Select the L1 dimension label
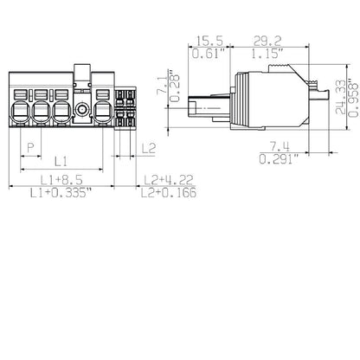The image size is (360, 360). coord(60,161)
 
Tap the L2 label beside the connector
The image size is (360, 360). coord(148,149)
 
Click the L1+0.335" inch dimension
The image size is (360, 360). coord(61,193)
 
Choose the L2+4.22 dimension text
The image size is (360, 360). coord(167,180)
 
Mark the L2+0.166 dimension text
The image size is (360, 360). coord(167,193)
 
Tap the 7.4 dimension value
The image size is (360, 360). coord(278,147)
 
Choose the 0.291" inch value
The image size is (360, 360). coord(278,160)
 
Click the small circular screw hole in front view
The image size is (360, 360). coord(82,111)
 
